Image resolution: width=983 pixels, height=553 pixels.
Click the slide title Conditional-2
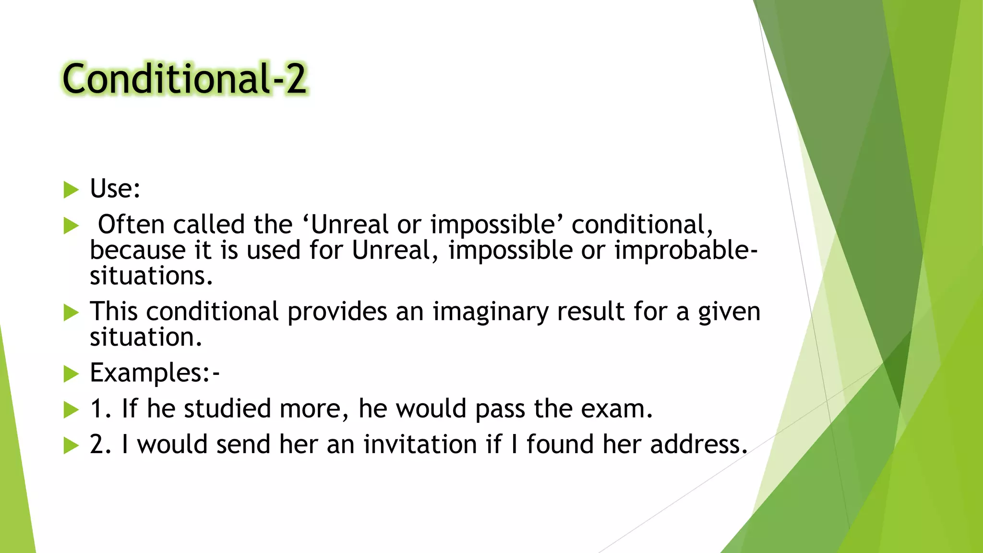point(184,79)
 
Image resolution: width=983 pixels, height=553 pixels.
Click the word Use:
point(115,189)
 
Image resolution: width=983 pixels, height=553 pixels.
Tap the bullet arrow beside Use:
point(71,190)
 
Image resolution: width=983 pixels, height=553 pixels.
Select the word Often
point(131,225)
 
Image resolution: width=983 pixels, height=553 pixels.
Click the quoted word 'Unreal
point(346,225)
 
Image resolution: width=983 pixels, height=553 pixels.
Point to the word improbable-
point(686,251)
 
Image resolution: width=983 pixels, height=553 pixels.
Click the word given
point(729,312)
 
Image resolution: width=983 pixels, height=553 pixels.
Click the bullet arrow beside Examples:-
point(71,374)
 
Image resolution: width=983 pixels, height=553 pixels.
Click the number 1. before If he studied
point(101,409)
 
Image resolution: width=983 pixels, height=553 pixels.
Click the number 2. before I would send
point(101,445)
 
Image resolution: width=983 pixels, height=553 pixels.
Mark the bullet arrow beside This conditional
point(71,313)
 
